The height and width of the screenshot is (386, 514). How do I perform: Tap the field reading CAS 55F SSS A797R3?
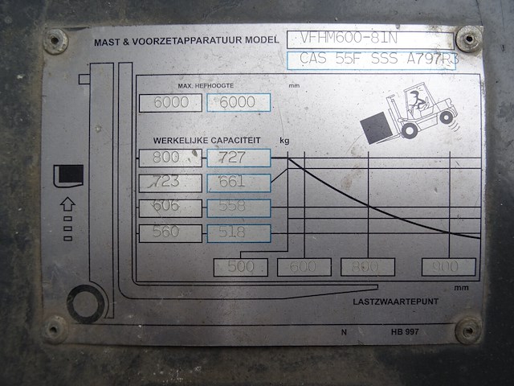pos(370,60)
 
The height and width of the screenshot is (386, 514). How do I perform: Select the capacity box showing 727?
pos(239,158)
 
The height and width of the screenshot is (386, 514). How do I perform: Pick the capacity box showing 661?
pos(239,183)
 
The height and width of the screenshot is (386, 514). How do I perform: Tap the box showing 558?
pos(239,207)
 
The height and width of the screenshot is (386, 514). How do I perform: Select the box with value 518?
pos(239,233)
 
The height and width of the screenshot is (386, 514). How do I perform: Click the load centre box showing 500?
pos(240,267)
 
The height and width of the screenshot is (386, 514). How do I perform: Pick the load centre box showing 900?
pos(448,267)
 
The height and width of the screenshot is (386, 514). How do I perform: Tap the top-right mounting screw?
pos(468,38)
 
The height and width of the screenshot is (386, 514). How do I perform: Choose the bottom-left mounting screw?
pos(55,328)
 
